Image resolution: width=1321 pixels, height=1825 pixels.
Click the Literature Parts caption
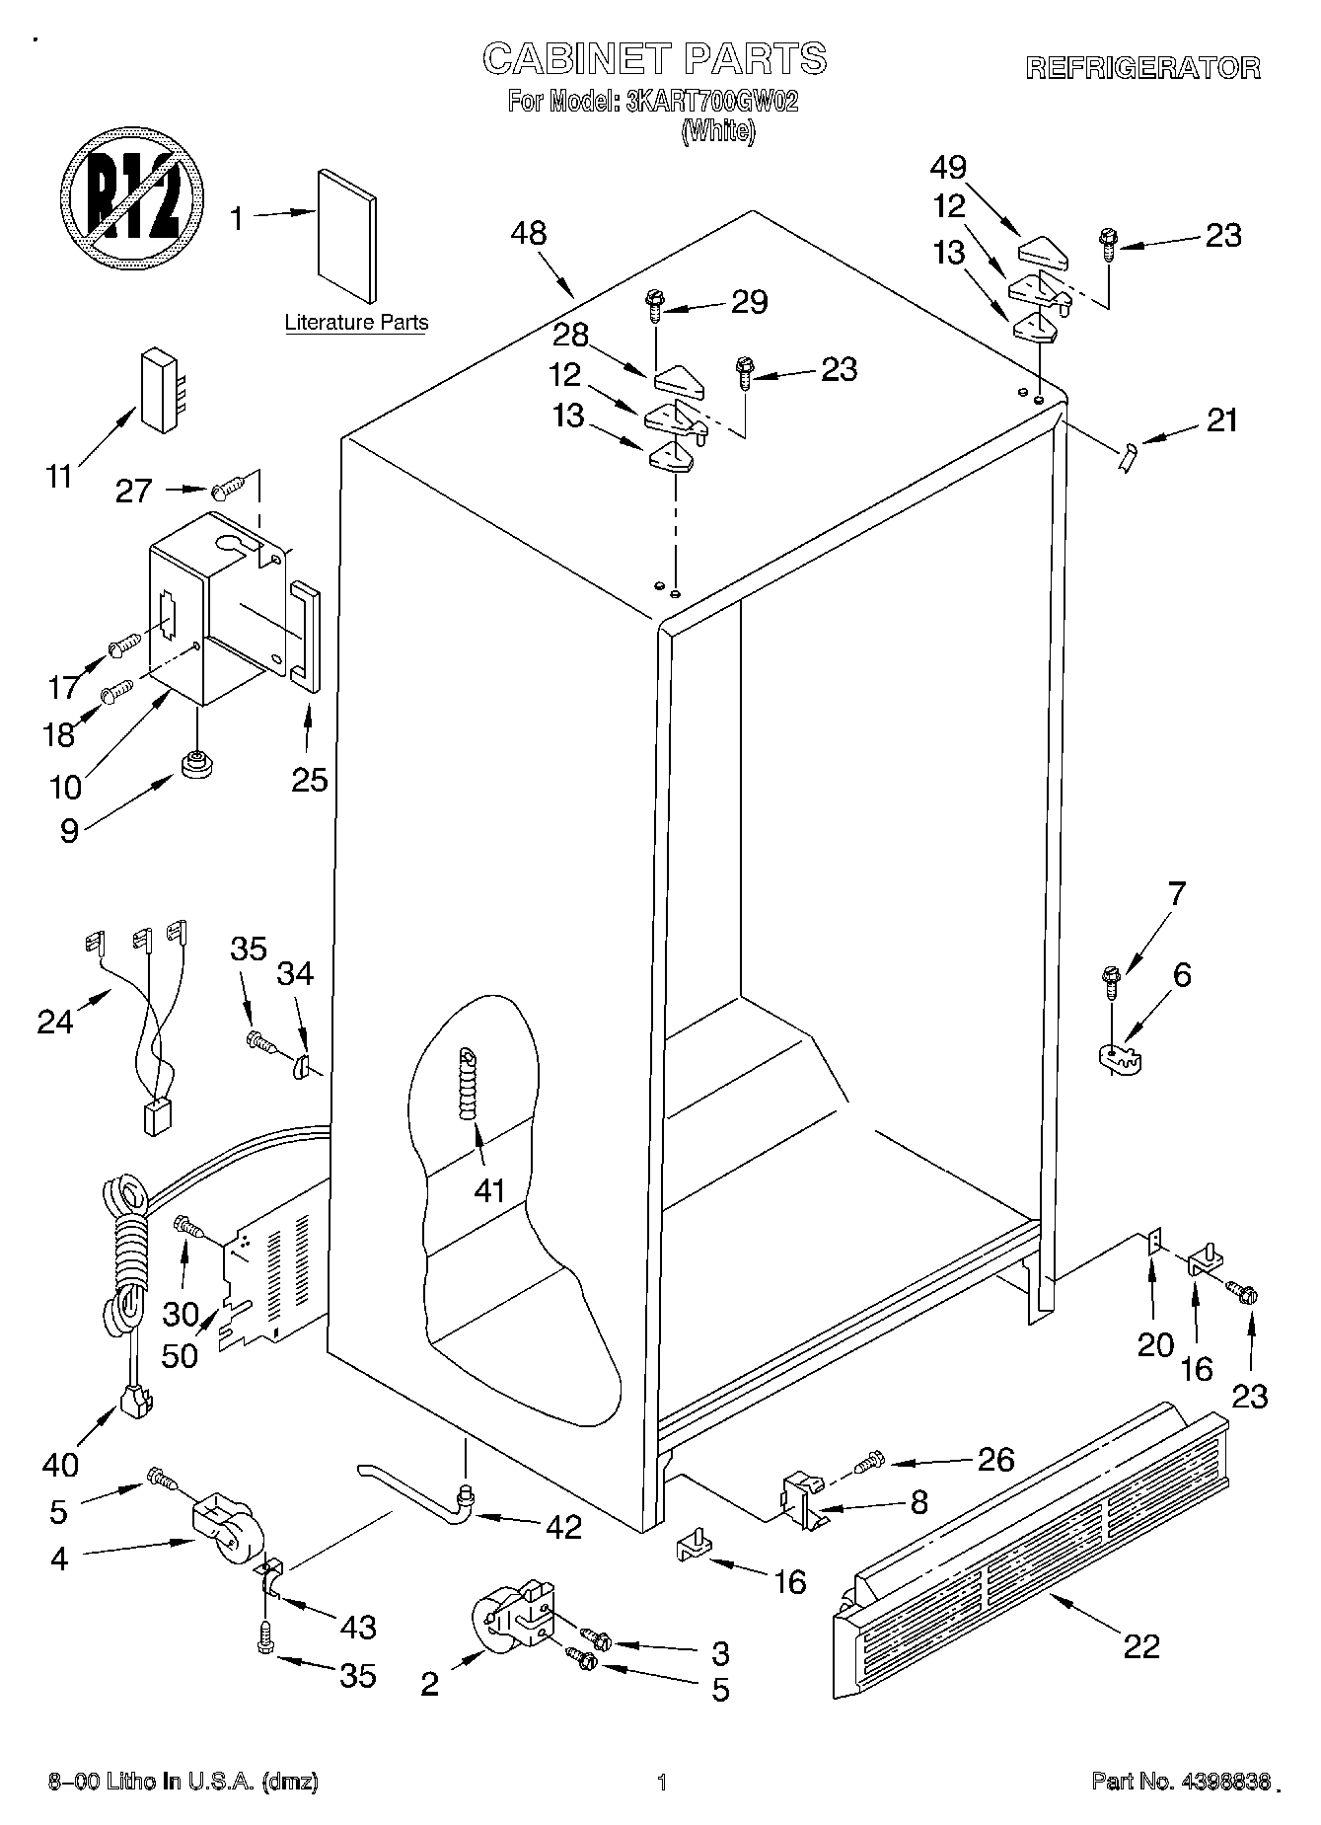point(356,323)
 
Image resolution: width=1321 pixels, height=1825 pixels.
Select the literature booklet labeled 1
point(346,236)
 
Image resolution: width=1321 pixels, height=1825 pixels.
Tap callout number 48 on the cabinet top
point(529,234)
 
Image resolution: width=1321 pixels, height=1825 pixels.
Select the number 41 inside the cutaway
point(489,1190)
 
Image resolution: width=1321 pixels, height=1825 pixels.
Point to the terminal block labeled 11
point(160,390)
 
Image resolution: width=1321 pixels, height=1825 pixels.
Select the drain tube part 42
point(414,1490)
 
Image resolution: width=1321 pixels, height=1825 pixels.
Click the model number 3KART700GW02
point(706,102)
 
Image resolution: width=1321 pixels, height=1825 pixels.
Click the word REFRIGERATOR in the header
point(1142,68)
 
